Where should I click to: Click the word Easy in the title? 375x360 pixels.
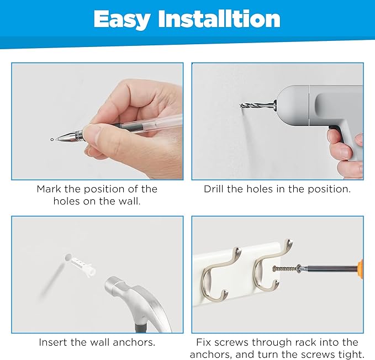122,20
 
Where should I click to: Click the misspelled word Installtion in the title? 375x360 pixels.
219,19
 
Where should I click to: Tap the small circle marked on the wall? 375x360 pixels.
52,139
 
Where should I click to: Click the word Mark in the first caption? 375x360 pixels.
49,189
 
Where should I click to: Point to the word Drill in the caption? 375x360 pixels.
214,189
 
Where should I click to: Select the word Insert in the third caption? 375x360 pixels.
53,342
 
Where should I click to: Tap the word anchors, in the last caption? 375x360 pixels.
208,354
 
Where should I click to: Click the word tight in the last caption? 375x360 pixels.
351,354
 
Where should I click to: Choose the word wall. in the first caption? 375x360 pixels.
129,202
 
